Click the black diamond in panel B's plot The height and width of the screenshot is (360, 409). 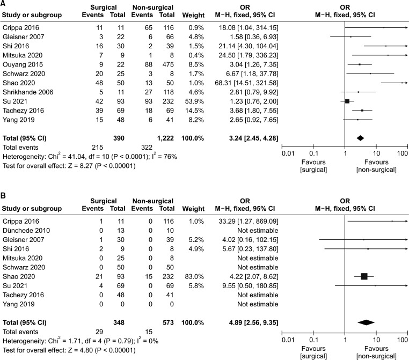366,322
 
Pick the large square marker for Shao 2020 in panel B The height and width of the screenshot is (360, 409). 364,276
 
